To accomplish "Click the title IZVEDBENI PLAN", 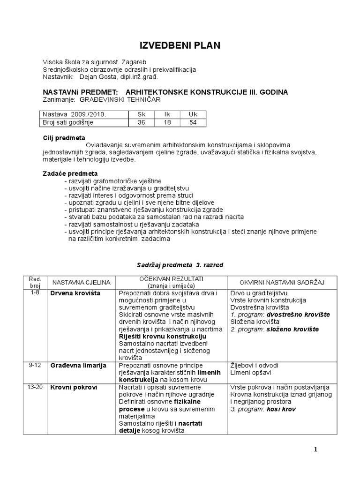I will [180, 45].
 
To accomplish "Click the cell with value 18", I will [168, 122].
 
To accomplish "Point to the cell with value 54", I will [193, 122].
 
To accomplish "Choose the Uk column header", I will [193, 114].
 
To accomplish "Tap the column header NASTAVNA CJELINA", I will [81, 282].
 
